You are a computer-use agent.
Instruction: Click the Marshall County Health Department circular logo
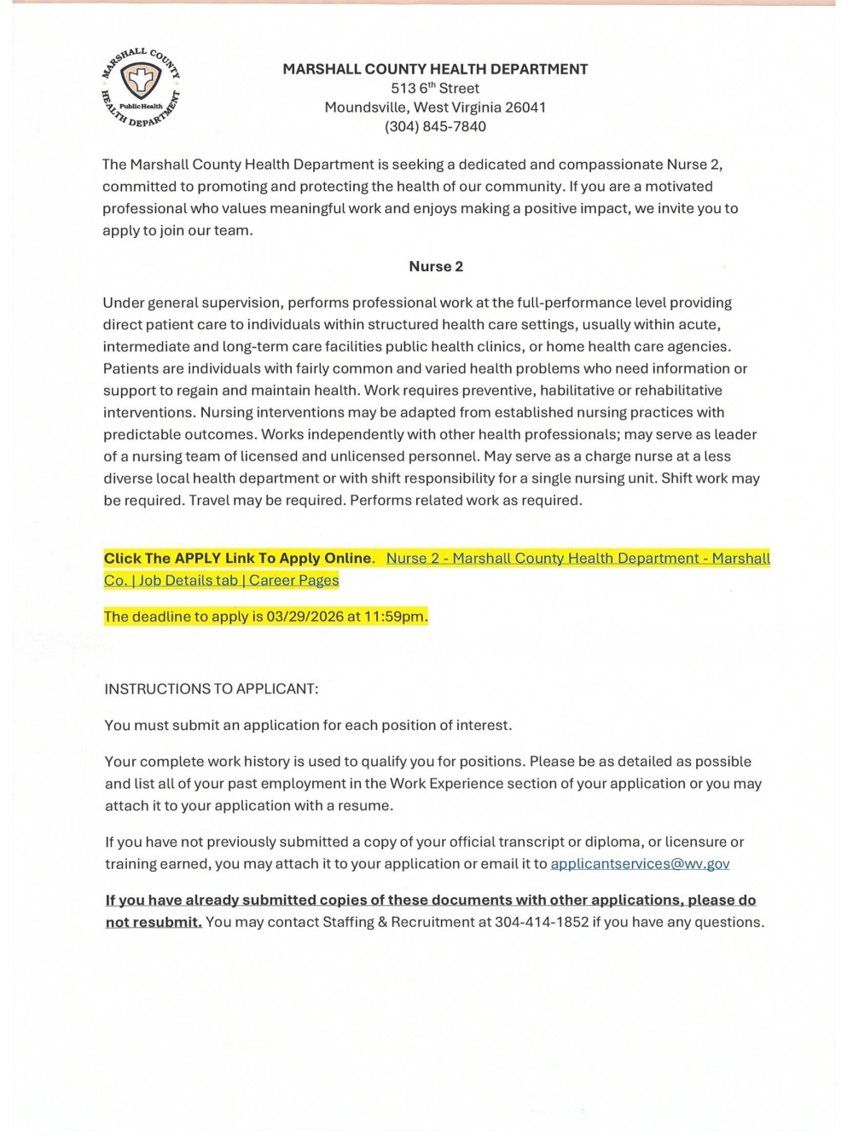(141, 85)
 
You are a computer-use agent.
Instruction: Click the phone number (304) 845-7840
(435, 127)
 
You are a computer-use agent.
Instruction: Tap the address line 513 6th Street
(435, 89)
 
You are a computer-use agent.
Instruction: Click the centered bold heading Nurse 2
(436, 267)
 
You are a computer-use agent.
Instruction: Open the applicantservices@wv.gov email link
(640, 864)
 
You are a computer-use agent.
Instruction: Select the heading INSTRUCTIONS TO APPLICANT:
(211, 689)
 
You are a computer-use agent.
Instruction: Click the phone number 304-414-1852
(542, 922)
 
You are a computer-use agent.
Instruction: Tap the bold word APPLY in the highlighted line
(198, 559)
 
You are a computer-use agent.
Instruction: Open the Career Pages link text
(294, 581)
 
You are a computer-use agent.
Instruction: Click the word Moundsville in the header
(366, 107)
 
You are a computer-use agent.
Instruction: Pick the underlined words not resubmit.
(154, 922)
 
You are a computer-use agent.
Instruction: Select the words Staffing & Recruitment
(391, 922)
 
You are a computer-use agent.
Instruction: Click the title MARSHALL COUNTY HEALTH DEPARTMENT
(435, 69)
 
